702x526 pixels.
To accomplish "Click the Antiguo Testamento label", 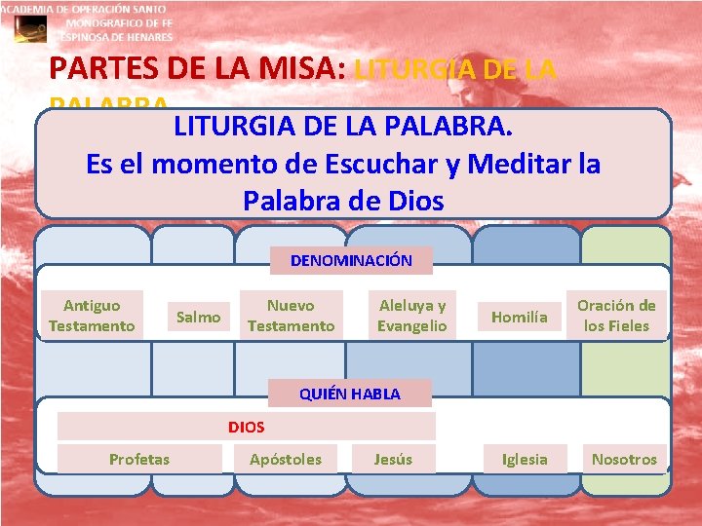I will click(92, 316).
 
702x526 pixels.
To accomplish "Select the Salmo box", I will click(198, 317).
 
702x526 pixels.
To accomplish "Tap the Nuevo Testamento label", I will click(291, 316).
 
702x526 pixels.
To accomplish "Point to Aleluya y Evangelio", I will click(411, 316).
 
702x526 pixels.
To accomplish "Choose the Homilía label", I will click(519, 317).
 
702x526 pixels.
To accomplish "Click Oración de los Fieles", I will click(616, 316).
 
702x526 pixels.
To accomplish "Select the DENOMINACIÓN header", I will click(351, 260).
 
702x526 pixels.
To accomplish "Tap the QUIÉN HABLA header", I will click(349, 394).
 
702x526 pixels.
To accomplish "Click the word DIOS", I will click(246, 427).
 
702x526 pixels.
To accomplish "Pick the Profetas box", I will click(139, 459).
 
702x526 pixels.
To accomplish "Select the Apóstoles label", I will click(285, 459).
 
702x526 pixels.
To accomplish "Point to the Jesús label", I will click(393, 459).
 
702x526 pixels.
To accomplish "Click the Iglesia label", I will click(525, 459).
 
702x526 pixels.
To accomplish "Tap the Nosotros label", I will click(624, 459).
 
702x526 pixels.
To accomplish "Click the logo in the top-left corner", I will click(29, 29).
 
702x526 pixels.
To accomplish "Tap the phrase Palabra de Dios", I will click(343, 201).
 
